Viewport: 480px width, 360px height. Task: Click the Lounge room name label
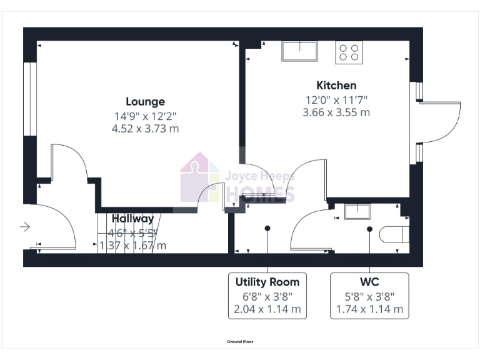pyautogui.click(x=145, y=101)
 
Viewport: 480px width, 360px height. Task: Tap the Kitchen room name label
pyautogui.click(x=336, y=86)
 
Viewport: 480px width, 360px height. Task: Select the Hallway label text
pyautogui.click(x=133, y=219)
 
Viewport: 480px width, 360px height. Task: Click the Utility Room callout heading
pyautogui.click(x=267, y=281)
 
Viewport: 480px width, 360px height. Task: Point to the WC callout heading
pyautogui.click(x=369, y=281)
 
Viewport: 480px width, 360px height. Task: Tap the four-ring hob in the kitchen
pyautogui.click(x=349, y=52)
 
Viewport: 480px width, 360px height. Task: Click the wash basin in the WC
pyautogui.click(x=358, y=212)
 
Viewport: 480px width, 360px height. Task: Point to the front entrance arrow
pyautogui.click(x=25, y=226)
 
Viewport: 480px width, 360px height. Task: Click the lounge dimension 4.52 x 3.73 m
pyautogui.click(x=145, y=129)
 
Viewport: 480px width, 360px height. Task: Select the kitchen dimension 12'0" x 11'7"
pyautogui.click(x=336, y=99)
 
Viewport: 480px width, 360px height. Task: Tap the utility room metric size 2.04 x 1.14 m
pyautogui.click(x=267, y=309)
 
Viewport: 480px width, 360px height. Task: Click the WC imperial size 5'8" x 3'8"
pyautogui.click(x=369, y=296)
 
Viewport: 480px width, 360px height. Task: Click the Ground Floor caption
pyautogui.click(x=240, y=342)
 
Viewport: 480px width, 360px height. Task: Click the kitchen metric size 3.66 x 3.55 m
pyautogui.click(x=336, y=113)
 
